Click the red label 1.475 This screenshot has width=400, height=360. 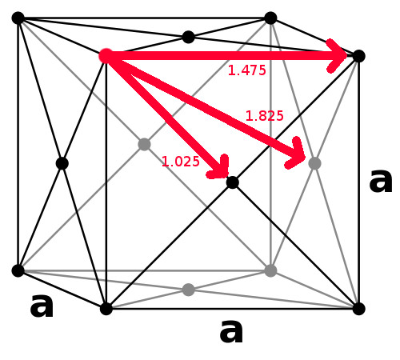coord(247,70)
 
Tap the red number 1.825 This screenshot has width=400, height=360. coord(264,116)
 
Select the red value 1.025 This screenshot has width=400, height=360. coord(181,162)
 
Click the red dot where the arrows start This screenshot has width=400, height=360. coord(106,56)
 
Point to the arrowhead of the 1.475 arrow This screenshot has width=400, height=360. coord(337,56)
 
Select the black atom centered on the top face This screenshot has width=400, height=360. coord(188,37)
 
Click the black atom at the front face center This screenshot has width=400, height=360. coord(232,182)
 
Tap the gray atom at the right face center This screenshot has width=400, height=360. coord(314,163)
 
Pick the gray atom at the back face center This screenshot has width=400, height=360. coord(144,145)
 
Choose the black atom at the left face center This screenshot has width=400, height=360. coord(62,163)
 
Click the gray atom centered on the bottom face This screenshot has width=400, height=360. coord(188,290)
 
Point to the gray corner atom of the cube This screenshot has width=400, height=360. coord(270,270)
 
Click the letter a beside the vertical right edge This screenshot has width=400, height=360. coord(381,181)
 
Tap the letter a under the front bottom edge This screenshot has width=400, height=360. coord(231,331)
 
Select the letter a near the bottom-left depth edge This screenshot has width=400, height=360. coord(42,306)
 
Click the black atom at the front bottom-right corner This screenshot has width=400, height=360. coord(358,309)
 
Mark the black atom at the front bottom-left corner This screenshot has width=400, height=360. coord(106,309)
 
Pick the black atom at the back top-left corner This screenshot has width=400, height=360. coord(18,18)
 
